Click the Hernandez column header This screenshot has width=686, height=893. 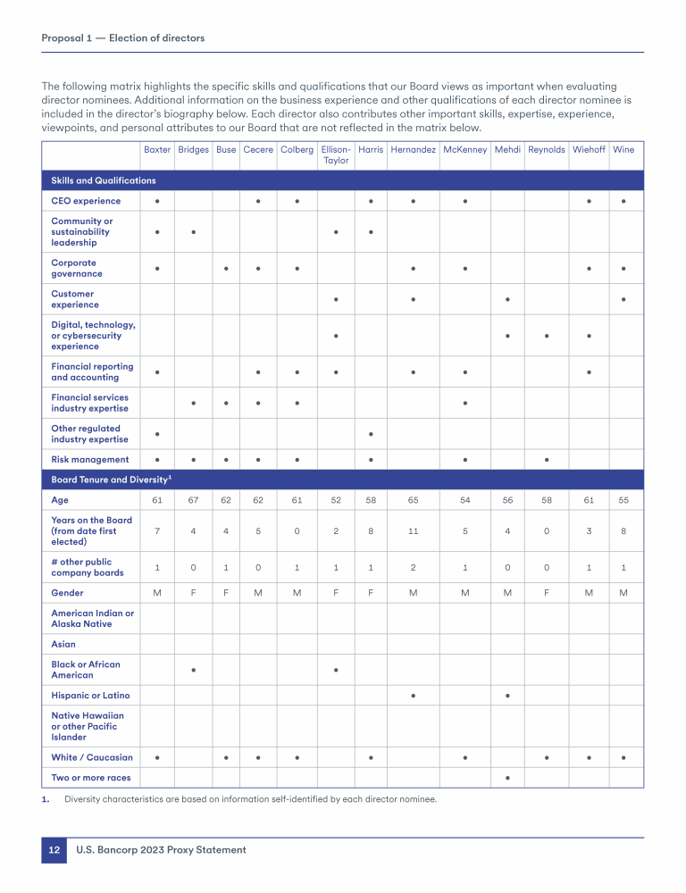413,150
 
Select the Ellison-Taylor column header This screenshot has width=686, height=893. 336,154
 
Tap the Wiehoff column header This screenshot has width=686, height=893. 589,150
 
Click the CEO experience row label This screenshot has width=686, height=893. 86,201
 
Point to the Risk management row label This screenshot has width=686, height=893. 89,460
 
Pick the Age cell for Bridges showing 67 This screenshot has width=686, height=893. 193,500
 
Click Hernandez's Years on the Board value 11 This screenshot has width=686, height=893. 413,530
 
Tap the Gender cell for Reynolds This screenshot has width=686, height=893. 547,593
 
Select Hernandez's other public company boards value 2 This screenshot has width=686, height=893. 413,567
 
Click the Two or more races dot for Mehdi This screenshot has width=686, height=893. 507,778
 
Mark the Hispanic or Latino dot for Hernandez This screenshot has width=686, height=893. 413,695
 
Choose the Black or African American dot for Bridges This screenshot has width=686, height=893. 193,670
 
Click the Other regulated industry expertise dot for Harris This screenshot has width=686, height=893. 371,434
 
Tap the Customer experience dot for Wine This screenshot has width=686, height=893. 623,299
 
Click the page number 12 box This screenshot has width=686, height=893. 54,850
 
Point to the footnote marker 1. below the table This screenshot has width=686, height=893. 46,799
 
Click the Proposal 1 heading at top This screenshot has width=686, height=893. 123,38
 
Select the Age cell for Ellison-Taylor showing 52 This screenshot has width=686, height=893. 336,500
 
